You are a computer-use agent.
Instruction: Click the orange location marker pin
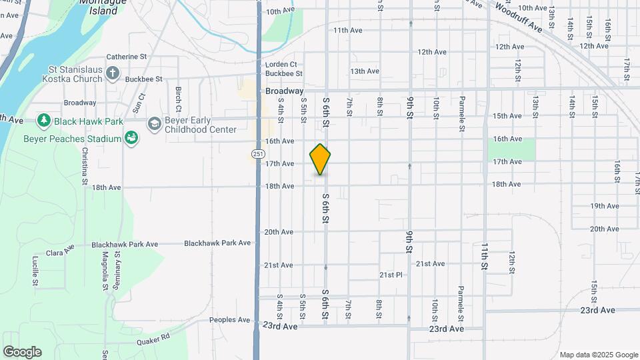tap(321, 159)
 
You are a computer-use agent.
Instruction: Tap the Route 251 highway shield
tap(257, 154)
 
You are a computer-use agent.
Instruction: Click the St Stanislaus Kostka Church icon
tap(113, 73)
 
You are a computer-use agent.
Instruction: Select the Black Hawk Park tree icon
tap(44, 121)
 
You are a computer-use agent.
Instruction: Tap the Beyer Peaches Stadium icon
tap(132, 138)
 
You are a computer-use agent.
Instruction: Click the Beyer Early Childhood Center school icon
tap(155, 124)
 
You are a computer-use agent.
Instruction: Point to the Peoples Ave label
tap(229, 320)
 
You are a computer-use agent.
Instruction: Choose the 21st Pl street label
tap(391, 275)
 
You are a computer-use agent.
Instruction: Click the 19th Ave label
tap(605, 206)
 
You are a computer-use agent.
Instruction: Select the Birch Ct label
tap(179, 99)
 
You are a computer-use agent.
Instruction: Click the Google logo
tap(22, 352)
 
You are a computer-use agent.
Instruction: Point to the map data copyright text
tap(599, 355)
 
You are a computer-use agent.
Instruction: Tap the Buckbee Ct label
tap(284, 74)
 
